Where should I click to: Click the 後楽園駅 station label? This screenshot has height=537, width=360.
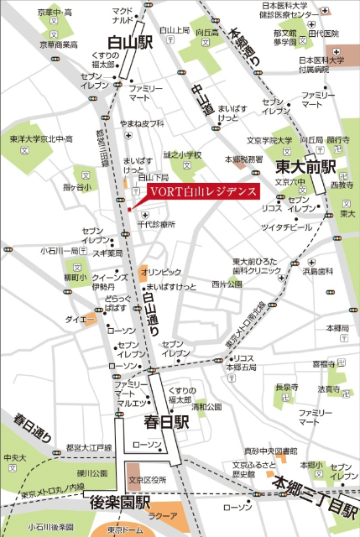[120, 503]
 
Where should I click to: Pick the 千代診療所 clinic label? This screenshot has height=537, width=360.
[155, 225]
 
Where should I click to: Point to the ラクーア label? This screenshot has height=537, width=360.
[162, 516]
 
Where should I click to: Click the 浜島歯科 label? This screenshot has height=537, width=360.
[319, 270]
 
